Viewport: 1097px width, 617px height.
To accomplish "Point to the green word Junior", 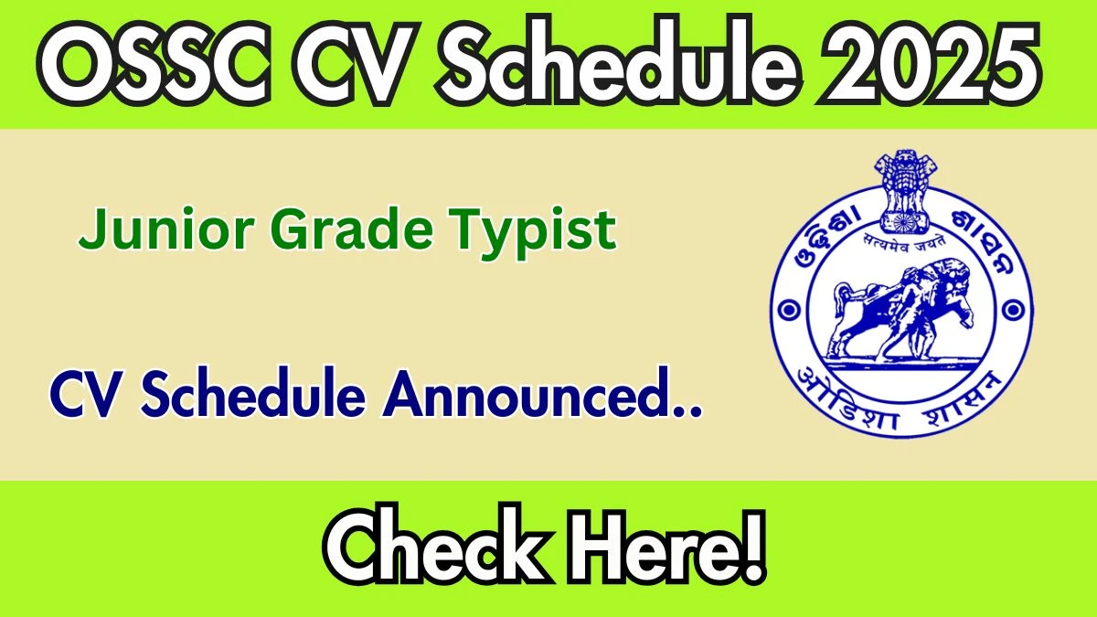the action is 165,229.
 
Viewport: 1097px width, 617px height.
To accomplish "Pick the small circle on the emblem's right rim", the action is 1013,311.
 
